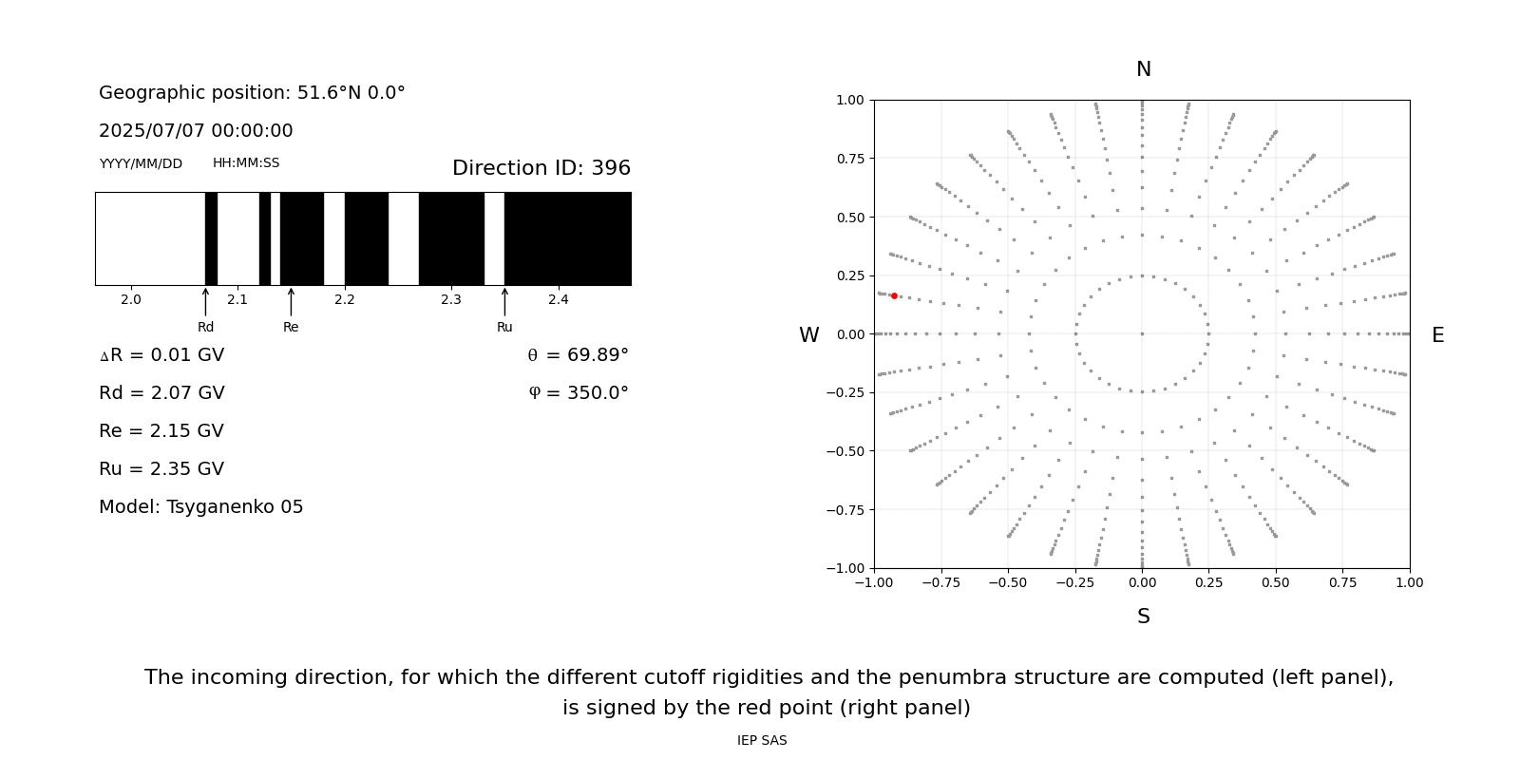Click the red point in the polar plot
894,296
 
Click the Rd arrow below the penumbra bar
205,302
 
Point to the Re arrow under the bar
291,302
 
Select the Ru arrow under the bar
504,302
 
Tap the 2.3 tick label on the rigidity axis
451,300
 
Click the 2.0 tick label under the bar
131,300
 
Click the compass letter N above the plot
1144,69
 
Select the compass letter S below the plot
1144,617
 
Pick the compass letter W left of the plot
809,335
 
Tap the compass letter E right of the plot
1437,335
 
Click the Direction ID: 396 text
541,168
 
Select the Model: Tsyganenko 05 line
201,507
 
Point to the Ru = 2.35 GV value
161,469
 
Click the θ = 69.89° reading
578,355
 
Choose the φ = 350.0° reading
578,393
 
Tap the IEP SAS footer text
762,741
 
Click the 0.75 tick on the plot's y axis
849,159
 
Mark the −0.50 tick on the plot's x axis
1008,582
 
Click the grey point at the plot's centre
1142,333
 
